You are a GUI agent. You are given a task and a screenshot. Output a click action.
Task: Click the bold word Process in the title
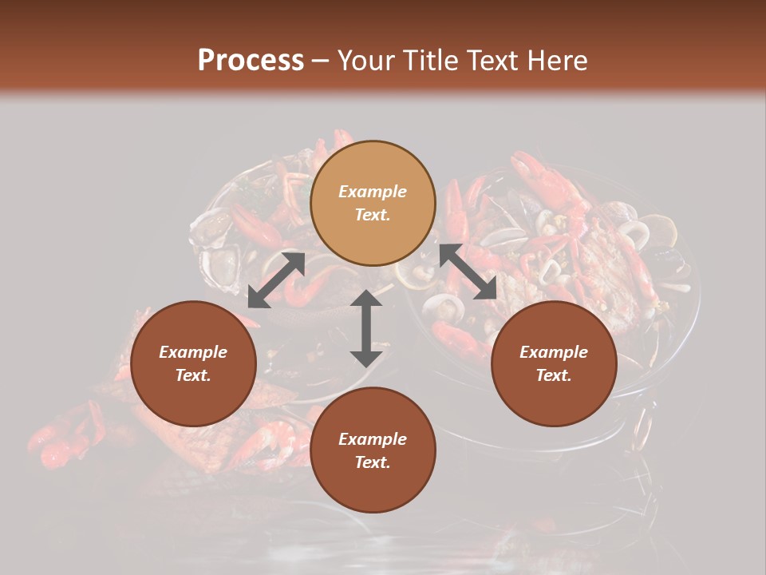pyautogui.click(x=251, y=61)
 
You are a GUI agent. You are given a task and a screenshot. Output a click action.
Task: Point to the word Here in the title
pyautogui.click(x=559, y=61)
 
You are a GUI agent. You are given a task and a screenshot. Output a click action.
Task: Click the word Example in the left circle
pyautogui.click(x=193, y=352)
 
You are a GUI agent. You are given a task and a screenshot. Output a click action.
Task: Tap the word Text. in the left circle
pyautogui.click(x=193, y=375)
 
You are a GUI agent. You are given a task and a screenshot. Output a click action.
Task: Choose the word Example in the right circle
pyautogui.click(x=554, y=352)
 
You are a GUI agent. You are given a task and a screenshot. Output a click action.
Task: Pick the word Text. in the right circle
pyautogui.click(x=554, y=375)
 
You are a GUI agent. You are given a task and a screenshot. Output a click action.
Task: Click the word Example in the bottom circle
pyautogui.click(x=373, y=439)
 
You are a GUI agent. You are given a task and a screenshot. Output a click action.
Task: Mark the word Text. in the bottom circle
pyautogui.click(x=373, y=462)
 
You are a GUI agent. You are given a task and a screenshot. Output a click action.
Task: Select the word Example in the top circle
pyautogui.click(x=373, y=192)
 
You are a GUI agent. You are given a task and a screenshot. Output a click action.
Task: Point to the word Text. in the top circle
pyautogui.click(x=373, y=215)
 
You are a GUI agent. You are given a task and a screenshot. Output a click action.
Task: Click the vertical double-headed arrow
pyautogui.click(x=366, y=328)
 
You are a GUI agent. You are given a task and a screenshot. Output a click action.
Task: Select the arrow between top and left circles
pyautogui.click(x=276, y=280)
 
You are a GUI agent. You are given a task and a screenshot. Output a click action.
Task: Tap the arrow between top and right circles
pyautogui.click(x=468, y=272)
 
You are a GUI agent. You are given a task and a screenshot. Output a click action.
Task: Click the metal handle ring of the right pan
pyautogui.click(x=642, y=432)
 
